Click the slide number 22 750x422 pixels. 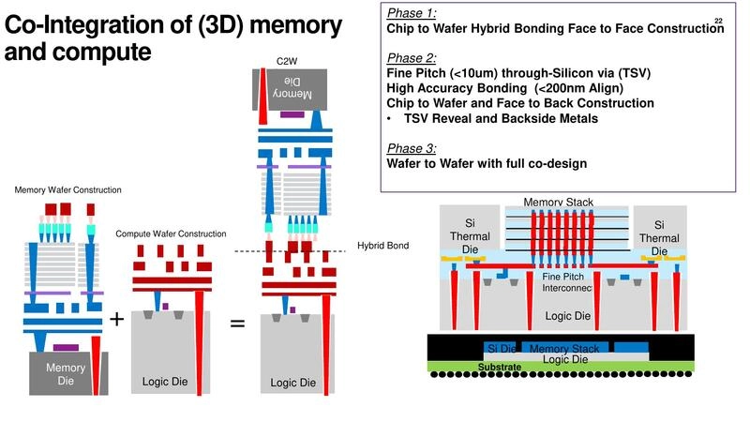(718, 21)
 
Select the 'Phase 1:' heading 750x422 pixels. (411, 13)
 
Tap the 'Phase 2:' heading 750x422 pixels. (411, 57)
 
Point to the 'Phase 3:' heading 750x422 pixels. (411, 148)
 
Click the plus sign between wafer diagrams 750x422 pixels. (116, 319)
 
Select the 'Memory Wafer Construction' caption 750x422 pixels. (67, 190)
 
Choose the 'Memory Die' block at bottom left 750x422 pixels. (66, 373)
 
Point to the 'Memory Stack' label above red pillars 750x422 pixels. (558, 203)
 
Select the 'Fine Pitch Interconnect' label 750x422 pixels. (566, 281)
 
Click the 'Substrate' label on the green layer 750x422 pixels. (500, 367)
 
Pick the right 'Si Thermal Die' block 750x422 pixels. (659, 237)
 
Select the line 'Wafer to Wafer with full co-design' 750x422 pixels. (487, 163)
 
